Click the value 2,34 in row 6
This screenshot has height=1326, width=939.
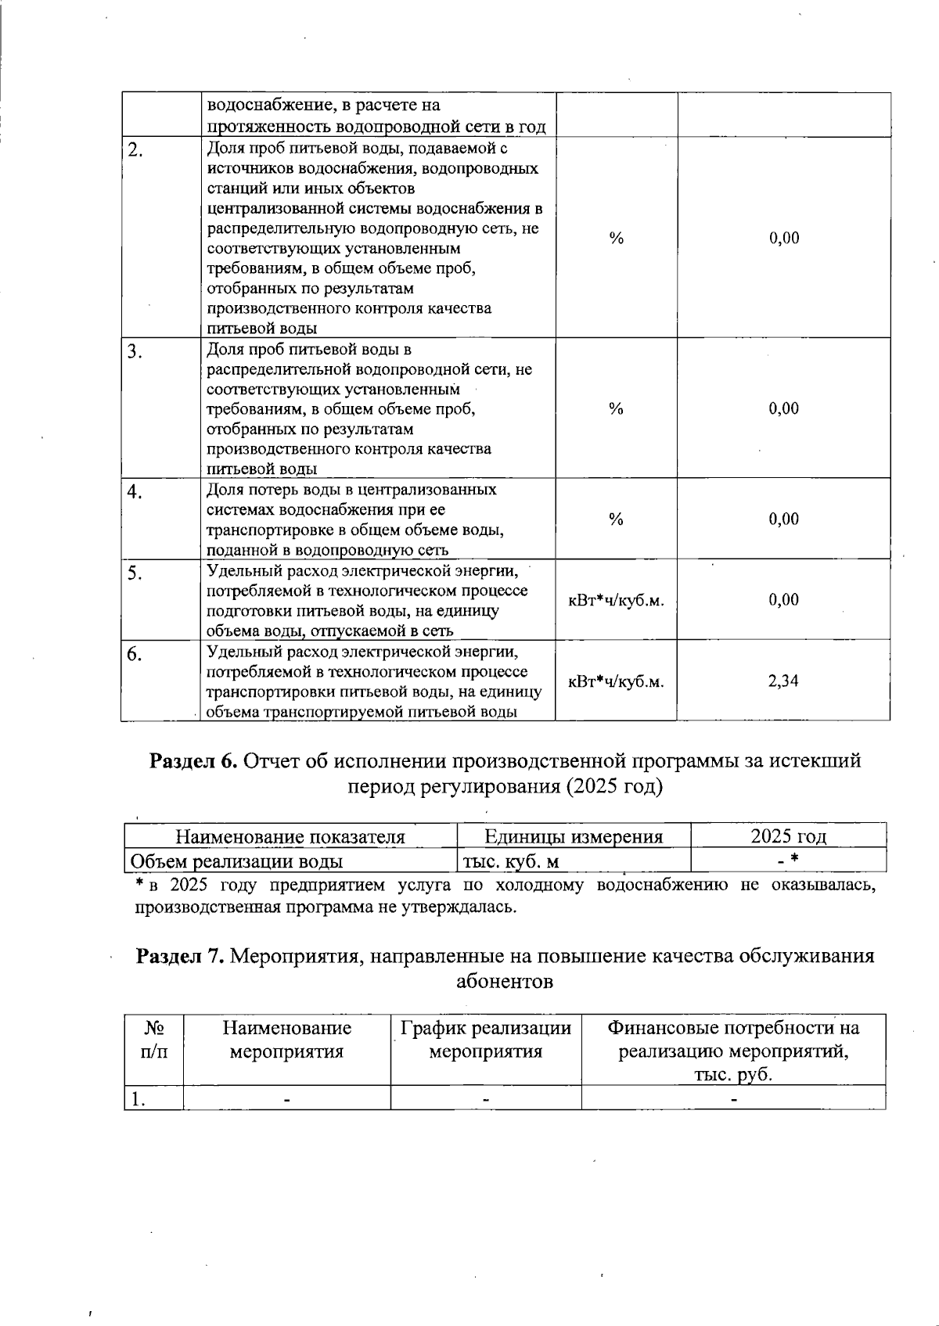(x=783, y=681)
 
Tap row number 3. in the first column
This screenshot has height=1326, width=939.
(x=135, y=352)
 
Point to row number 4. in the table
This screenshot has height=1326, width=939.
(x=135, y=492)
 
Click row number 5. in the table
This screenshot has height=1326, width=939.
(x=135, y=573)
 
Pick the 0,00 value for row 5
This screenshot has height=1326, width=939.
(x=783, y=600)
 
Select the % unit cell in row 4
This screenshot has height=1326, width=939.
(x=616, y=519)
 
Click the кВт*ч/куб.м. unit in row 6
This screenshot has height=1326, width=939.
(x=616, y=681)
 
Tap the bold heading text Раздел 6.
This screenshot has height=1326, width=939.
(x=193, y=760)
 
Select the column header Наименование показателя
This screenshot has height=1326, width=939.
(x=290, y=837)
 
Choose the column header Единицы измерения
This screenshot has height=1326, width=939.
(x=574, y=837)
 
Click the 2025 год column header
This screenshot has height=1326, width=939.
(x=788, y=836)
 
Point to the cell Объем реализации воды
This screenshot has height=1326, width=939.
(x=236, y=862)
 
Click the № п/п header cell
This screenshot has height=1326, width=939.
(x=153, y=1040)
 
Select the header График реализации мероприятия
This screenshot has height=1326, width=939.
(x=486, y=1040)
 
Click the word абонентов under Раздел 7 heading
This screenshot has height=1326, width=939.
(x=505, y=982)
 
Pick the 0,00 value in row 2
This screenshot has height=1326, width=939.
(x=783, y=239)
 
